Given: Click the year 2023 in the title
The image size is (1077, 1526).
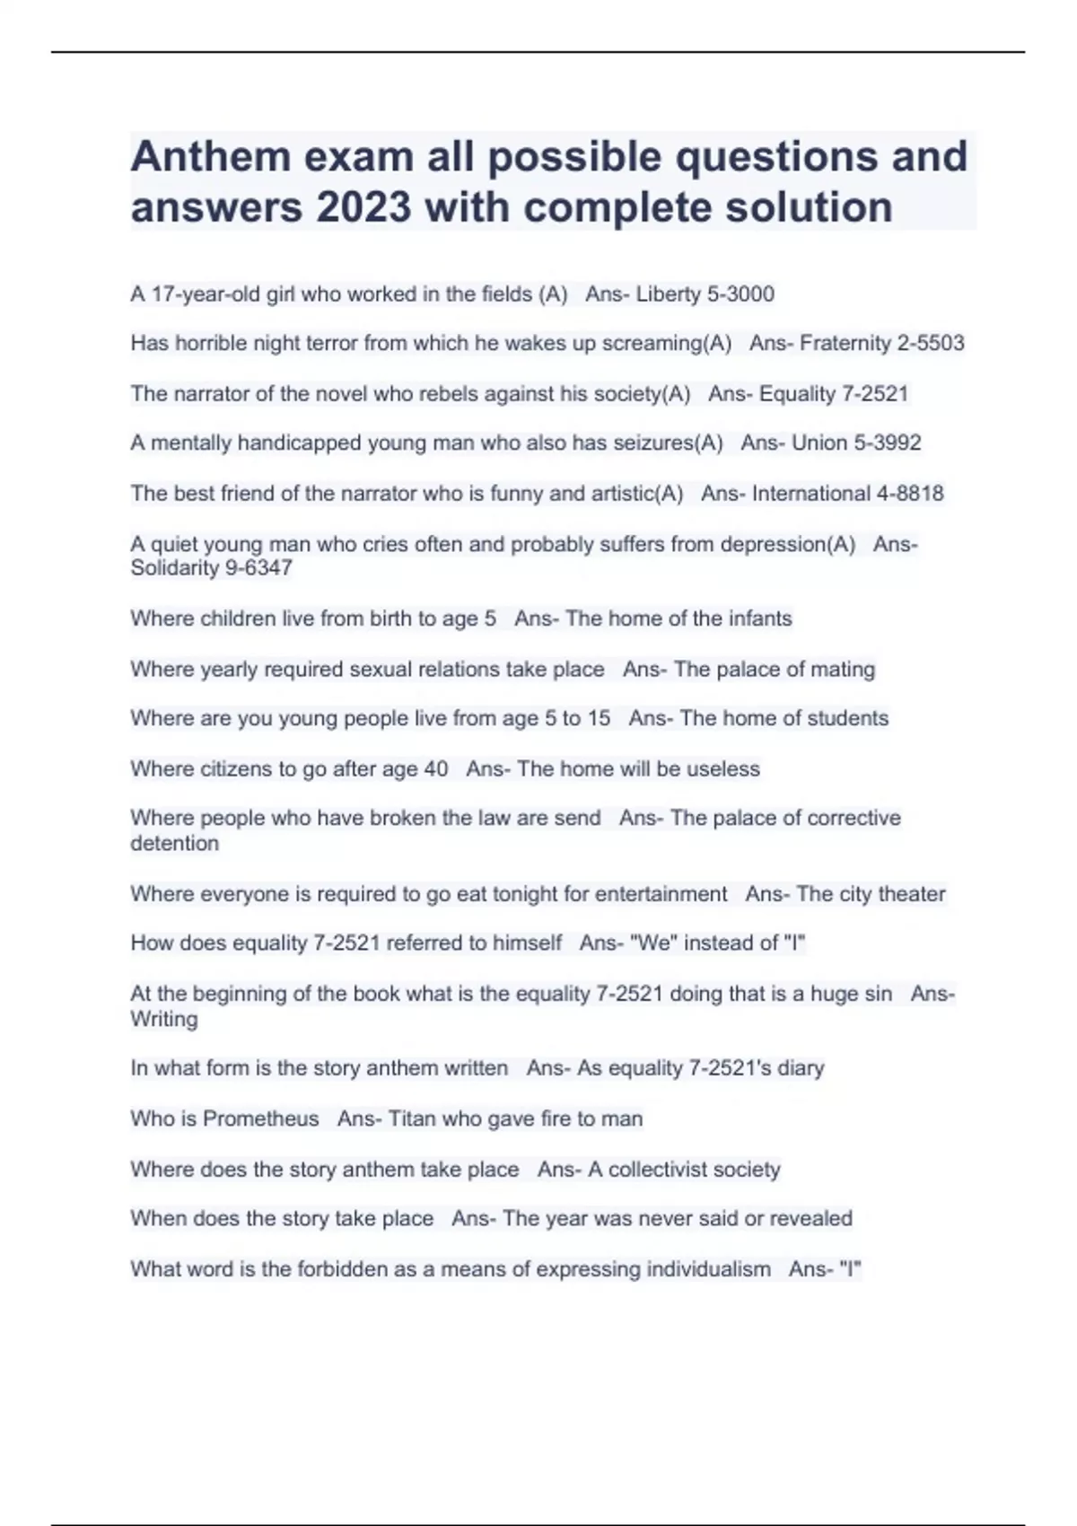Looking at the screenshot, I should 363,207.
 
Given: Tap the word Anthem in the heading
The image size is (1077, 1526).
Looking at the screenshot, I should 210,157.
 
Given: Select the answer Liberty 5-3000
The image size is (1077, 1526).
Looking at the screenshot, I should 705,294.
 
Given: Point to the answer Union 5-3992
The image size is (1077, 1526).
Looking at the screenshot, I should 856,443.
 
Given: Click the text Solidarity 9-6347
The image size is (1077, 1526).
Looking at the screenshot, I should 211,568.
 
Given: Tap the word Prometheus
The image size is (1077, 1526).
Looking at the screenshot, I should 260,1118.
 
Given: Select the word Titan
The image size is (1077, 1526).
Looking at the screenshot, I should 412,1118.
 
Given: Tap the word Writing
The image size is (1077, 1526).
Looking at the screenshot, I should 164,1019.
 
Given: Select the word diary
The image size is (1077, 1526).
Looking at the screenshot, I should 801,1068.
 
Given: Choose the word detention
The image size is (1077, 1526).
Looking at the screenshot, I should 174,843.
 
